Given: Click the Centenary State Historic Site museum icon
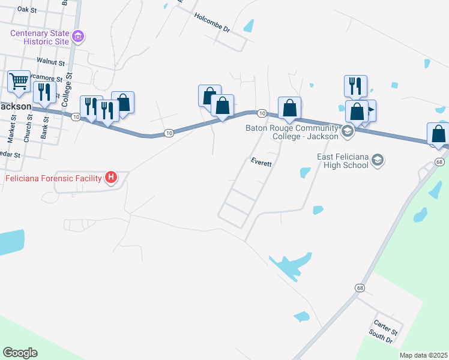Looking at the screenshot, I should pos(77,37).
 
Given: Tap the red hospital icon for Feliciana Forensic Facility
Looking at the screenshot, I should pos(110,178).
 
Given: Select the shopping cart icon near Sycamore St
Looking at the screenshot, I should pos(19,80).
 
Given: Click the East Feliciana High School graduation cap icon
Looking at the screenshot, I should pos(377,160).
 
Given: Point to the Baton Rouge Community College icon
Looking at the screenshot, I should pos(347,130).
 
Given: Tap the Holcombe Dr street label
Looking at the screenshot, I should pos(212,23).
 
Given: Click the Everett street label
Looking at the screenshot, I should pos(262,162).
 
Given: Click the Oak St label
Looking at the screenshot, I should pos(28,10).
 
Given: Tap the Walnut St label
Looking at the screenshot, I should pos(50,61).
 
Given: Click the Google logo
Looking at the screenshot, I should pos(20,352).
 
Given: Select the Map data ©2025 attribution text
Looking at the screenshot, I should pos(423,355).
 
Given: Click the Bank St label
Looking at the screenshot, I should pos(44,125).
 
